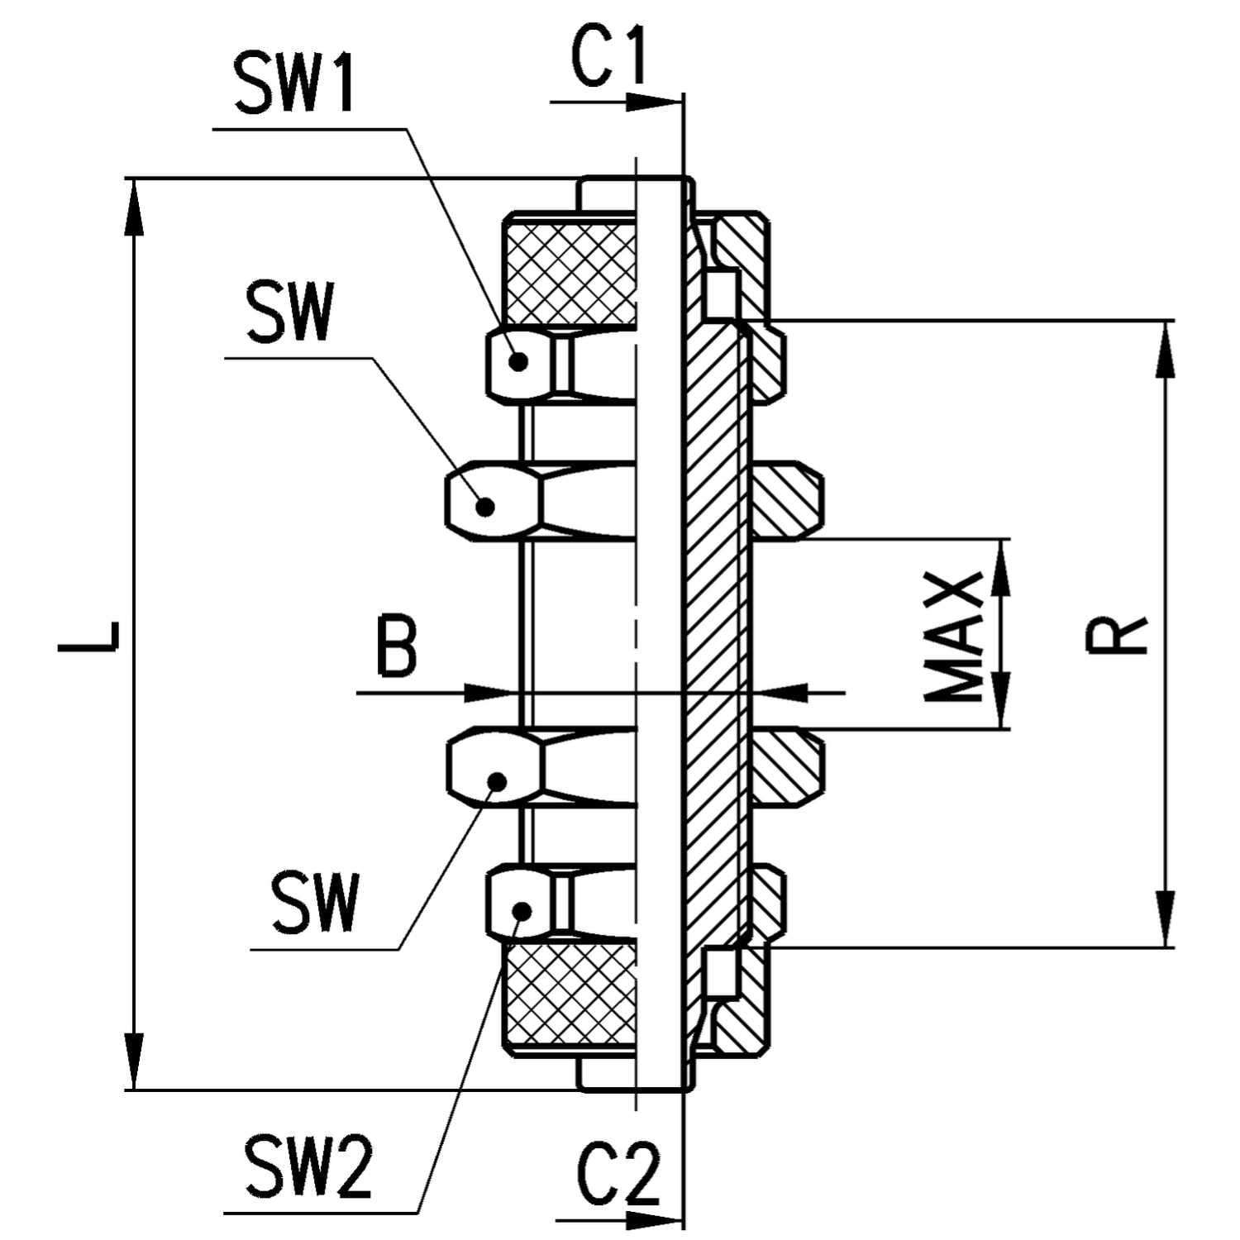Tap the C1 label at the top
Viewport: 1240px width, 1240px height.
(x=609, y=60)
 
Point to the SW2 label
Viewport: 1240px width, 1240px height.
(x=308, y=1167)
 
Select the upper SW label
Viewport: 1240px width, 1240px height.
(x=289, y=312)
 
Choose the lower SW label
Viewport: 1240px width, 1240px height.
(x=317, y=904)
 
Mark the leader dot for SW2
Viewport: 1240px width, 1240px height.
(x=521, y=910)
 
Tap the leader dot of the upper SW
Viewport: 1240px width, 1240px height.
(x=485, y=506)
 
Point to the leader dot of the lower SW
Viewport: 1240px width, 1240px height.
(x=496, y=780)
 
